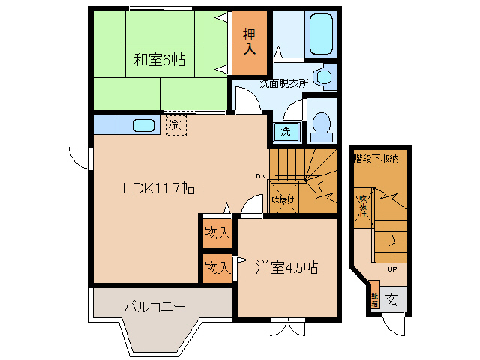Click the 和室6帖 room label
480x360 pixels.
click(160, 60)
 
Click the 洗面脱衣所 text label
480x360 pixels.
click(284, 84)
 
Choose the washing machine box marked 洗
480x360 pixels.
click(286, 131)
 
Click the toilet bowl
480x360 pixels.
click(321, 125)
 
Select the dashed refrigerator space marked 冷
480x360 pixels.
click(175, 124)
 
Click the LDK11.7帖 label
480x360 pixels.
click(159, 189)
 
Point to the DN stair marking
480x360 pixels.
click(260, 177)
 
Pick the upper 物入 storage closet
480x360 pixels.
click(217, 234)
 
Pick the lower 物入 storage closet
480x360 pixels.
click(217, 267)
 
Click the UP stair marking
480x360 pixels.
click(391, 268)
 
